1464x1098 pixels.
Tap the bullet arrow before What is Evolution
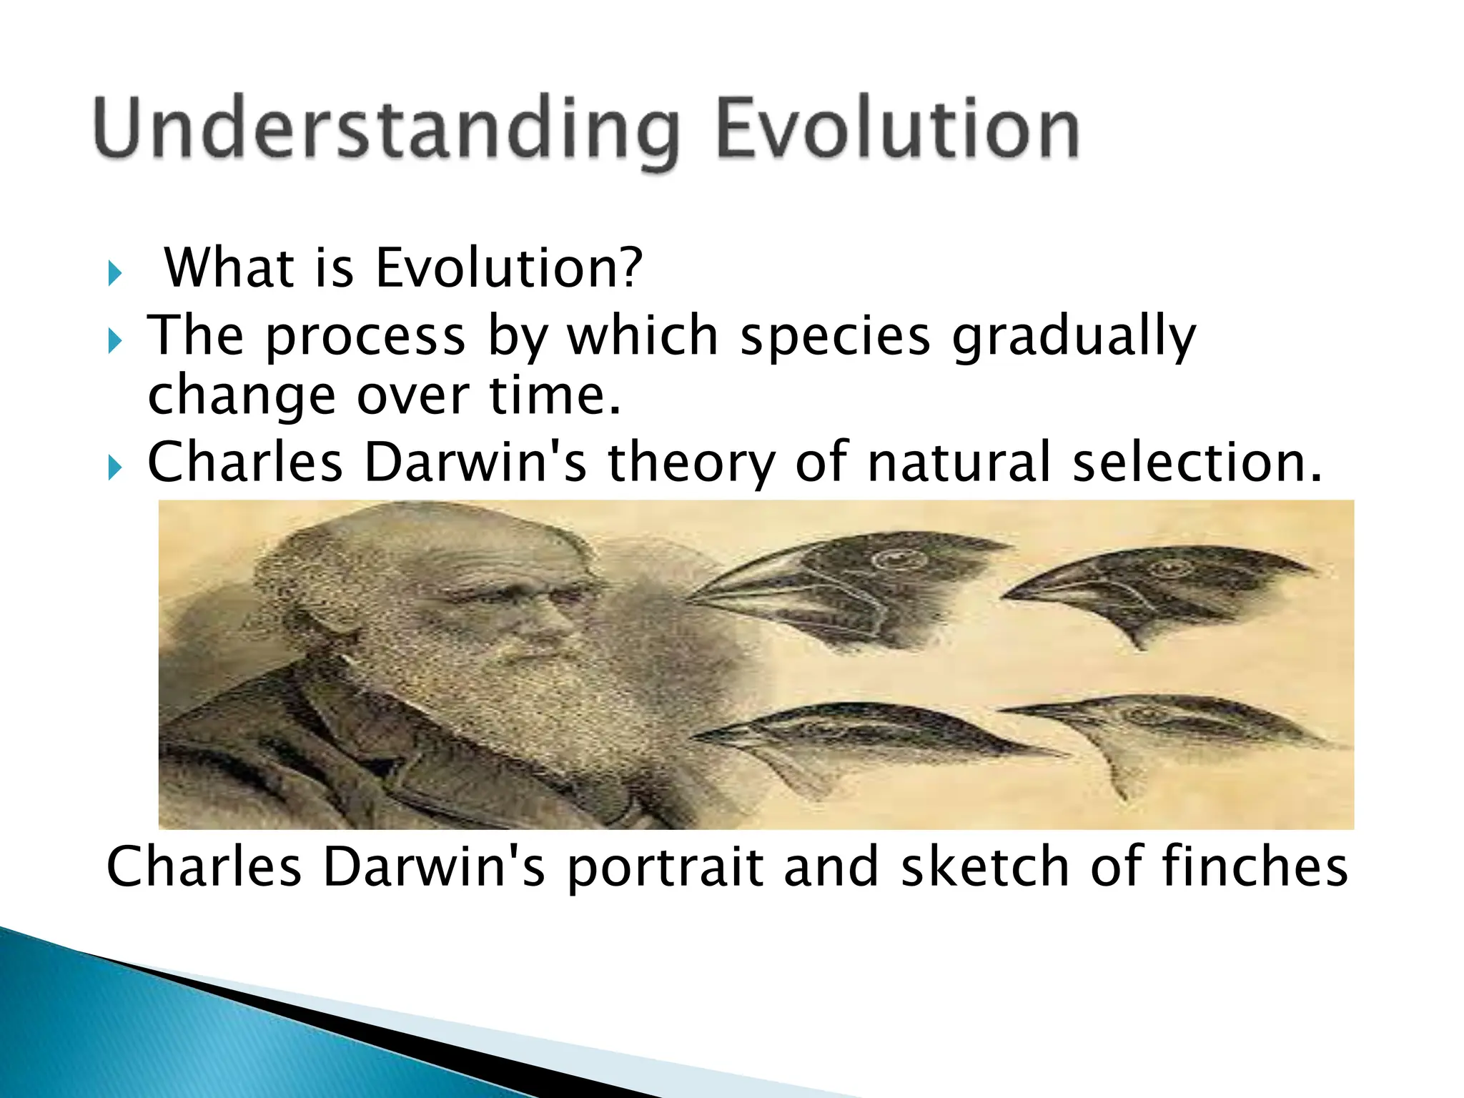(115, 273)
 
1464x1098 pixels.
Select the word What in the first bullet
(229, 267)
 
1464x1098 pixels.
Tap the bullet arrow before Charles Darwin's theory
(115, 468)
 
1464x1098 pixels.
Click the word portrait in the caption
(665, 868)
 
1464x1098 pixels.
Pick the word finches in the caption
(1255, 866)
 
